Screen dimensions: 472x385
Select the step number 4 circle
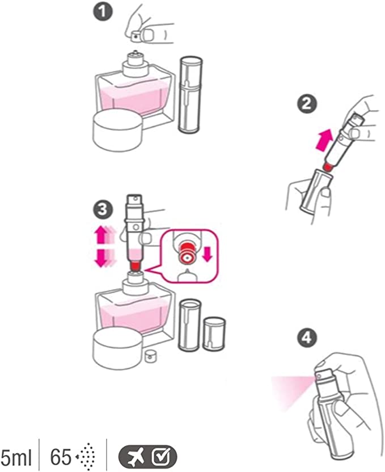306,339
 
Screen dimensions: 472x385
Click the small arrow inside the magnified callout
207,254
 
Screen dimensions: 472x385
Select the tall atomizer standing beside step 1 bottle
189,94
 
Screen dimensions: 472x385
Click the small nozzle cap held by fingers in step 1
136,36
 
